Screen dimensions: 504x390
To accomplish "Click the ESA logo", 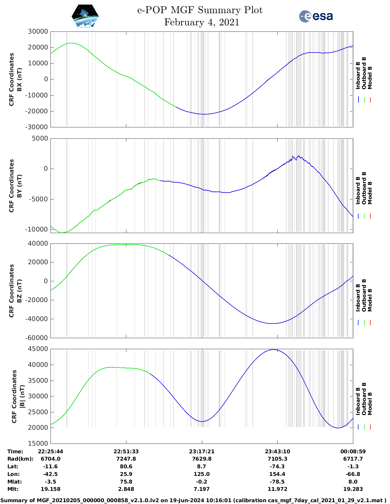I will click(x=316, y=16).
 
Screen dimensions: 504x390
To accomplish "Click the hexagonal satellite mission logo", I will click(x=85, y=16).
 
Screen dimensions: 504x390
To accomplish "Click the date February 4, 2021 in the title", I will click(x=202, y=22).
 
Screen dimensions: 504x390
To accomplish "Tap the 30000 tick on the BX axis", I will click(x=38, y=31).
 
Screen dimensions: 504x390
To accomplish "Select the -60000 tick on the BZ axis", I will click(x=37, y=338).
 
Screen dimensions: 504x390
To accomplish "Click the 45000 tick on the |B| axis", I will click(x=38, y=349).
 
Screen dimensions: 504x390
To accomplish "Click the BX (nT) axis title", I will click(x=20, y=79).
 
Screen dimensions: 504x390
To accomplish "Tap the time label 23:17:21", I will click(x=202, y=451).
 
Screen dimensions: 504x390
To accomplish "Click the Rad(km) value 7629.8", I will click(x=202, y=459).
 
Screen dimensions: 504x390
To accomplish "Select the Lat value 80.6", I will click(x=126, y=466).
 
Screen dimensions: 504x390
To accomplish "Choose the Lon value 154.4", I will click(x=277, y=474).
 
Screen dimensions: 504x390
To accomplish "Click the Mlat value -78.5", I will click(x=277, y=482).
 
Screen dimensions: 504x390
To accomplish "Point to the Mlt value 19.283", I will click(x=353, y=489).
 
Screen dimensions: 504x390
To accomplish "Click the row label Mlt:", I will click(x=13, y=489).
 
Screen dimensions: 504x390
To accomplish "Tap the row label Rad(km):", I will click(x=20, y=459).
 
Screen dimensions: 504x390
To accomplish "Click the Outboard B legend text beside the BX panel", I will click(x=364, y=73).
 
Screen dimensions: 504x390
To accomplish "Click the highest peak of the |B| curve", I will click(x=274, y=349).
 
